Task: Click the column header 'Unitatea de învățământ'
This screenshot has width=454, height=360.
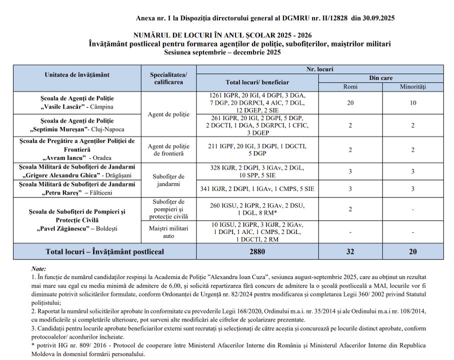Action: [x=77, y=75]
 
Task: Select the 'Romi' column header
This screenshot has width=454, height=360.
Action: [x=350, y=86]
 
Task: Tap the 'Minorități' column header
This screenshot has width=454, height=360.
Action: [x=412, y=86]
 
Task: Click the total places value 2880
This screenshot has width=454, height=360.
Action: [x=257, y=251]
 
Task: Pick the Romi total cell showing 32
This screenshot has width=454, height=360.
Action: [x=350, y=251]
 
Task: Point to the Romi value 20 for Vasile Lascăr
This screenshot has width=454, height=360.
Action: [x=350, y=102]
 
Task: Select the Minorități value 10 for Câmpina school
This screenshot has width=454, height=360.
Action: [x=412, y=102]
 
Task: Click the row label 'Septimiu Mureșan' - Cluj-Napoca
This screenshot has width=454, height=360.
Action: [x=77, y=125]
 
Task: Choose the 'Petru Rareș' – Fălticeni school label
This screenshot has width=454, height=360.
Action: [x=77, y=188]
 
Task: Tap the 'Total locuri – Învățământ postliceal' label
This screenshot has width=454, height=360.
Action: [x=105, y=251]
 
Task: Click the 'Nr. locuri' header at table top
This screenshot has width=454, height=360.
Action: [x=319, y=69]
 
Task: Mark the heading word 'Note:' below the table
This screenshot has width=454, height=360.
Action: [x=38, y=268]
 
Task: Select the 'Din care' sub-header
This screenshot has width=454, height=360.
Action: [x=381, y=78]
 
